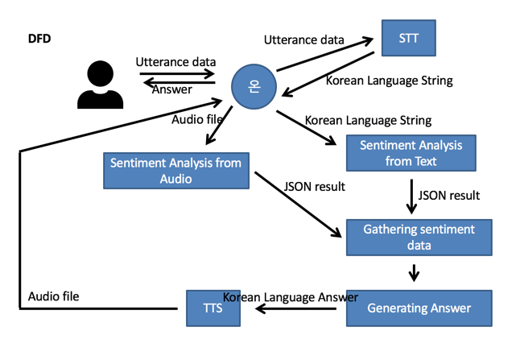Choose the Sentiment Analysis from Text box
411,154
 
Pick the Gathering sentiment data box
419,238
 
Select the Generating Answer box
419,308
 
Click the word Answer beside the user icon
173,89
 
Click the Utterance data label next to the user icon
176,61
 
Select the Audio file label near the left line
53,296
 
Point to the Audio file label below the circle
198,119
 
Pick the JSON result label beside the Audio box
315,187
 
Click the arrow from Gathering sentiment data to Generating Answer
414,274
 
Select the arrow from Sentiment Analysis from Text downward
411,197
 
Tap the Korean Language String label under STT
389,81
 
